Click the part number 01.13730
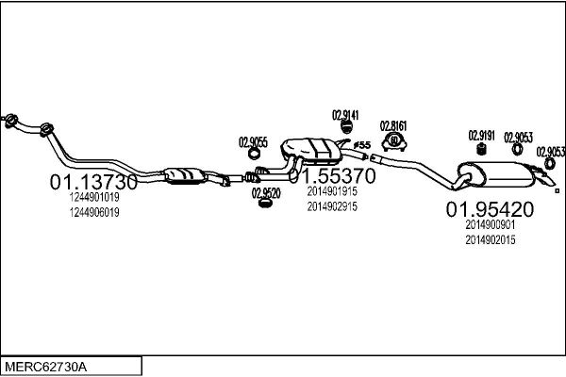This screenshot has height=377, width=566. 93,182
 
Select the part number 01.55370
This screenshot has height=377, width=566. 332,175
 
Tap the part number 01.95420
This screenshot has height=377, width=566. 490,209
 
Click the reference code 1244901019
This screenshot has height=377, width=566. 94,197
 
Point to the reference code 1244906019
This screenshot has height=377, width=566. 94,212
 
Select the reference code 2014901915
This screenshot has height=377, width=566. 332,191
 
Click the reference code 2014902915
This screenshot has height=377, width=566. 332,206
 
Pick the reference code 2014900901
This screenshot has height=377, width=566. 491,224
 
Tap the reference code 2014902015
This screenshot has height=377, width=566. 491,240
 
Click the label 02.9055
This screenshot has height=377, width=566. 253,142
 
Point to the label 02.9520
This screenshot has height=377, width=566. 266,193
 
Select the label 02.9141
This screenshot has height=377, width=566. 345,115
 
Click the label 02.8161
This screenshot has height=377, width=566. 393,126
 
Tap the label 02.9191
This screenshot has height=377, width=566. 481,136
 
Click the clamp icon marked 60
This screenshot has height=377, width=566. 394,141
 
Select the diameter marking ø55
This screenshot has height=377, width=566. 362,145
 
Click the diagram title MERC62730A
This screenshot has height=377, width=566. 46,368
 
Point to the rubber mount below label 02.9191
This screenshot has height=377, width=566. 480,149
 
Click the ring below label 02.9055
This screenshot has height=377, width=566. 254,154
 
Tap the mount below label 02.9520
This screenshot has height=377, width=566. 265,204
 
